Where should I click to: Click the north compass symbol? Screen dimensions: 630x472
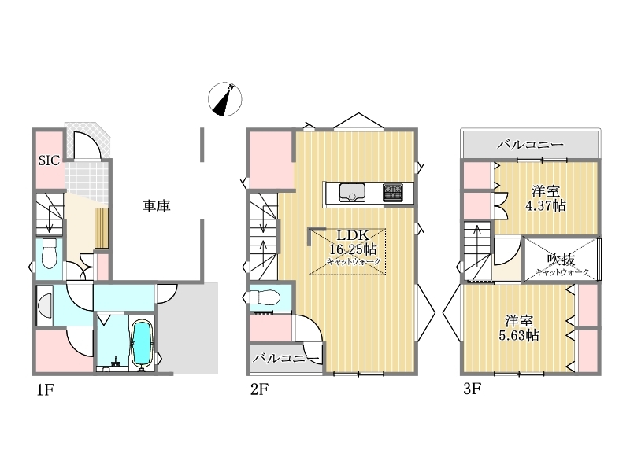point(224,99)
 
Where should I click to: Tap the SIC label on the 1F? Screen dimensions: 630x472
point(49,160)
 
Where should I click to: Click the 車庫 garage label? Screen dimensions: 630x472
point(157,205)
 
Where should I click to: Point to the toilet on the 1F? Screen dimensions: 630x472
point(49,253)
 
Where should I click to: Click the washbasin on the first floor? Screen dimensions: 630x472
point(44,306)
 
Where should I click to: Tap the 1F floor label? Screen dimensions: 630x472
point(46,389)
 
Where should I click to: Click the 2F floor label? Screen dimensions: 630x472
point(259,389)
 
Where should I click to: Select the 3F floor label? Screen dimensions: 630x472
point(472,389)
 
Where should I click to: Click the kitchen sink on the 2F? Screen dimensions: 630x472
point(352,192)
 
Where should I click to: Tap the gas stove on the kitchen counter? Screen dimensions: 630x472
point(392,192)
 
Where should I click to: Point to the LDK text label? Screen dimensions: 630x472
point(352,235)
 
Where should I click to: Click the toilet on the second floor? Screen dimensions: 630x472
point(264,298)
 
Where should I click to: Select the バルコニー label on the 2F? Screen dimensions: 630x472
point(285,358)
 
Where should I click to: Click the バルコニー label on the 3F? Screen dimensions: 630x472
point(530,145)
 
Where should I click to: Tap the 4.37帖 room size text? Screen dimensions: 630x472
point(546,206)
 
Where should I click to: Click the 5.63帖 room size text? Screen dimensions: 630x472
point(519,335)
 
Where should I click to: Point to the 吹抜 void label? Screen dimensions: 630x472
point(561,260)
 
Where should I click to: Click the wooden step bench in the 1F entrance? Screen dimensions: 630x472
point(102,228)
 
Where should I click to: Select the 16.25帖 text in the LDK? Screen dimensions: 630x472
point(353,249)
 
